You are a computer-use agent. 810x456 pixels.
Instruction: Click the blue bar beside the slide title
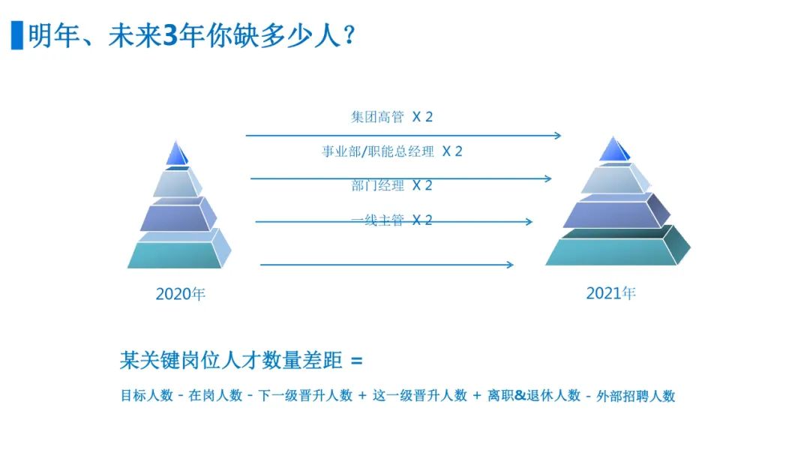point(17,35)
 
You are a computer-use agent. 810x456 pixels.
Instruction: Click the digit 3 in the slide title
point(170,36)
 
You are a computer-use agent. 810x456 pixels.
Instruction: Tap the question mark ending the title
point(349,36)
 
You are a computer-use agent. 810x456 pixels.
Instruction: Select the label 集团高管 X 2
point(391,117)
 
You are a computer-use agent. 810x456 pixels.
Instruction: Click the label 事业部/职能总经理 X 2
point(392,151)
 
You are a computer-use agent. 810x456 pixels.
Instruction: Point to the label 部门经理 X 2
point(391,185)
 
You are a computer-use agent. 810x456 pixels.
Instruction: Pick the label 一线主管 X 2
point(391,220)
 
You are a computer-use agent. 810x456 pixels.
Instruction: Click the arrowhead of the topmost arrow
point(558,135)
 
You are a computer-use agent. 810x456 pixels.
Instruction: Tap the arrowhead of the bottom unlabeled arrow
point(511,265)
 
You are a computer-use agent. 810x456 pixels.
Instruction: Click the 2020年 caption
point(180,294)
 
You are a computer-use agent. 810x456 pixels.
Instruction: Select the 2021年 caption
point(610,292)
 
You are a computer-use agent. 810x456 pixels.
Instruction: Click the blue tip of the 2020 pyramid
point(177,154)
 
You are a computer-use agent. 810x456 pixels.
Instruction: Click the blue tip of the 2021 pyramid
point(613,149)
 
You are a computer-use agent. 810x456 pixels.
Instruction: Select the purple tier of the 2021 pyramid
point(616,211)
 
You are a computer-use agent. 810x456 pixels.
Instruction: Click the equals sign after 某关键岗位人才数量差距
point(356,361)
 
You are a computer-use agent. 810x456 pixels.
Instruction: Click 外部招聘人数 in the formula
point(636,396)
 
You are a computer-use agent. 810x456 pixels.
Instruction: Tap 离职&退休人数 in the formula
point(534,395)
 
